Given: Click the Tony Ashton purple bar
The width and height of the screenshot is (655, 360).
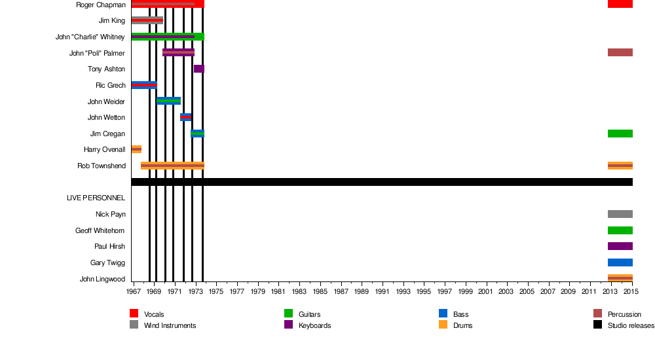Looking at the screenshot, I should (x=199, y=69).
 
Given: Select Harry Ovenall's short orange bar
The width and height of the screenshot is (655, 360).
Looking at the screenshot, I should (x=136, y=149).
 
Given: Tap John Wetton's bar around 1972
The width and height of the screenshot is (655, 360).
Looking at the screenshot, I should (x=186, y=117).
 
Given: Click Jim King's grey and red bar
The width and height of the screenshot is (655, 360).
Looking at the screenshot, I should (x=147, y=20).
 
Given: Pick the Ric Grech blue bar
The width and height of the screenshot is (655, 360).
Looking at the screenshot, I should (x=144, y=85).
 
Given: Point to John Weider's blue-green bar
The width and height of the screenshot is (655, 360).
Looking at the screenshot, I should (x=169, y=101).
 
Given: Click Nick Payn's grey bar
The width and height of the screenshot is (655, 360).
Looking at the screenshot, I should (x=620, y=214).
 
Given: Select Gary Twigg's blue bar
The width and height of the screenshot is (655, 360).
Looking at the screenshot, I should (x=620, y=262).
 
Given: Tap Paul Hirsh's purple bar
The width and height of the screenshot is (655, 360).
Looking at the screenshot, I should (x=620, y=246).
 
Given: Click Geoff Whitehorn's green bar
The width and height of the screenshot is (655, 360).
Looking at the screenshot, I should (x=620, y=230).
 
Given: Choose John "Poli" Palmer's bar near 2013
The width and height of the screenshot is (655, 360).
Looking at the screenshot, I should (x=620, y=52).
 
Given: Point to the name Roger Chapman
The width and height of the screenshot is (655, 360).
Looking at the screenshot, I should (x=101, y=5).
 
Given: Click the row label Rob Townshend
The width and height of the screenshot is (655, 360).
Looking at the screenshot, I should (x=102, y=166).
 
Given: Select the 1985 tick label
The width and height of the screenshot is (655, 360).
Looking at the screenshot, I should (x=320, y=291).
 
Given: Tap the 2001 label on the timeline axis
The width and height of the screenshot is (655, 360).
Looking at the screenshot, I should (x=486, y=291).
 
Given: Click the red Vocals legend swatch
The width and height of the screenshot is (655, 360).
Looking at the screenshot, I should (x=134, y=314).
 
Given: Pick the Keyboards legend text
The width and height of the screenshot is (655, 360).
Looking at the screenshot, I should (x=314, y=325).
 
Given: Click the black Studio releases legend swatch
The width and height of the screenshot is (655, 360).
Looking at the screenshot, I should (x=597, y=325).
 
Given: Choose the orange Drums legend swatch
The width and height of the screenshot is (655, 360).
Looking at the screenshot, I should (x=443, y=325).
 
